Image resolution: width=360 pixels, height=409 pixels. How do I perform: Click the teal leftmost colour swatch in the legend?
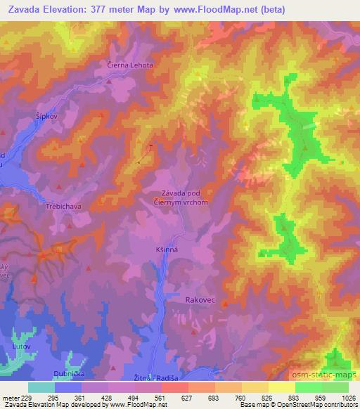point(41,387)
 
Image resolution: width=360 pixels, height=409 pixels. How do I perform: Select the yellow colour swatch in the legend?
point(281,387)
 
